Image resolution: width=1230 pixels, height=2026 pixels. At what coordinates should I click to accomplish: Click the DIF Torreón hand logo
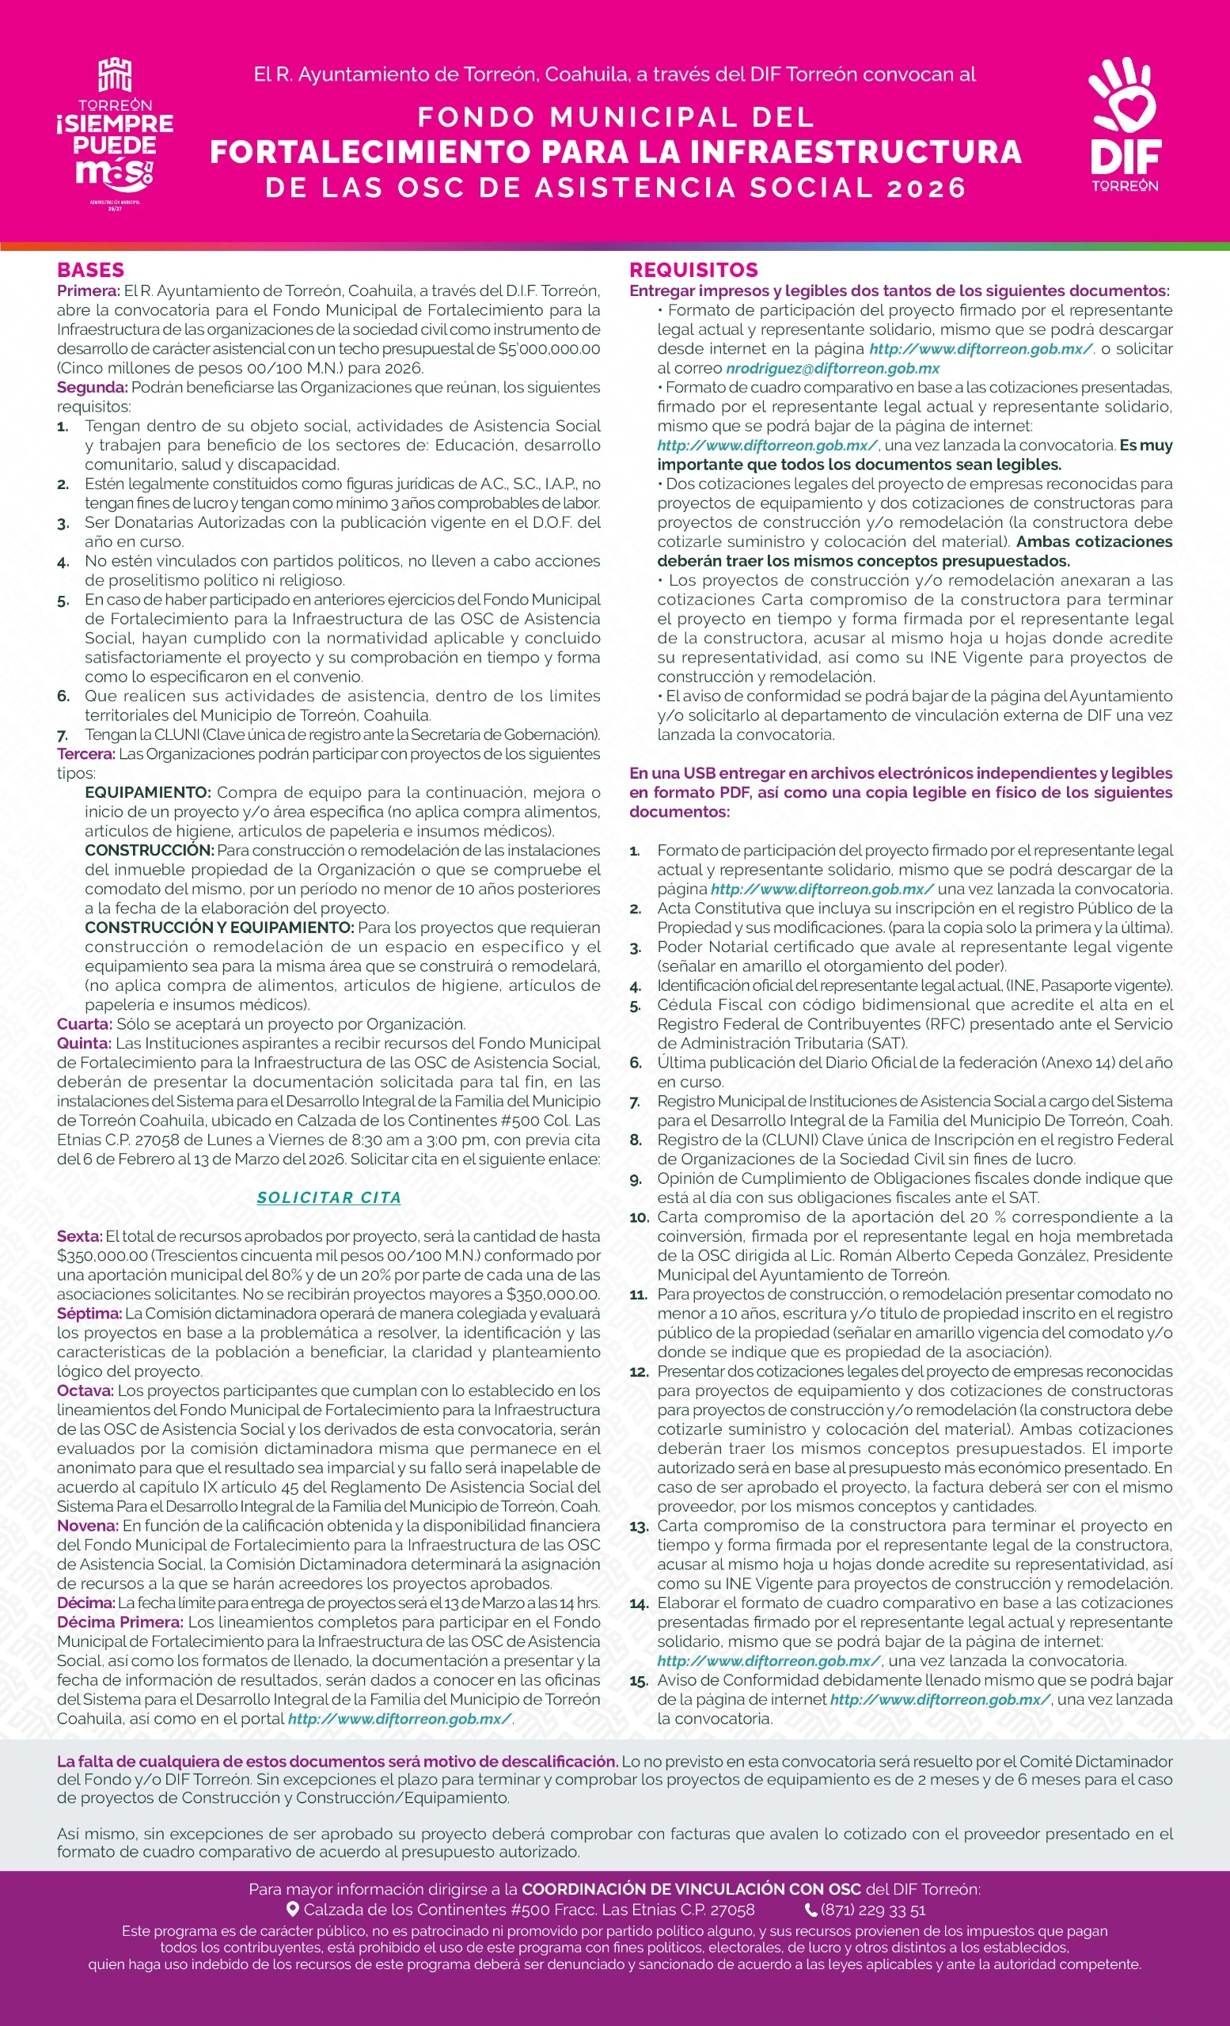coord(1124,123)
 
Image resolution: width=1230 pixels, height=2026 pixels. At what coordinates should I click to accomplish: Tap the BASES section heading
coord(90,270)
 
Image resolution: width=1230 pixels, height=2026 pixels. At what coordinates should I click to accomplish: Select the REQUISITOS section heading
coord(693,270)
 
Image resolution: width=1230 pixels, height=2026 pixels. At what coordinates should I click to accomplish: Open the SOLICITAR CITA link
coord(329,1198)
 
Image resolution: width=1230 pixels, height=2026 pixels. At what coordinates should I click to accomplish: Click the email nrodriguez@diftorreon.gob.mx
coord(832,368)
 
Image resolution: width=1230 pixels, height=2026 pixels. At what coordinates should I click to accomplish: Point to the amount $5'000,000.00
coord(549,349)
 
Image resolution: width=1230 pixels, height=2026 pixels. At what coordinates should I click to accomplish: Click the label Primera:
coord(88,291)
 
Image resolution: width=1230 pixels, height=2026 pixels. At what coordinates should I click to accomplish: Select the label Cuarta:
coord(84,1024)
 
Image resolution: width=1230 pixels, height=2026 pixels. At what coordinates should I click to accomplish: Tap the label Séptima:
coord(89,1313)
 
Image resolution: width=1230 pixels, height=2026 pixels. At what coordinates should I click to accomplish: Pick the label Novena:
coord(87,1525)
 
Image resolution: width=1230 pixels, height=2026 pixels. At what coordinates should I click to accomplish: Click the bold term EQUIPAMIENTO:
coord(148,793)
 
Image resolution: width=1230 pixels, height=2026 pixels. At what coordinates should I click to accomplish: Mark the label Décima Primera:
coord(120,1622)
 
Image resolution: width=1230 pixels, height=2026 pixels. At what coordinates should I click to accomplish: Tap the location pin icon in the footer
coord(292,1909)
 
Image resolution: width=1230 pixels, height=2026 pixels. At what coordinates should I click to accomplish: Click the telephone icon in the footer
coord(811,1909)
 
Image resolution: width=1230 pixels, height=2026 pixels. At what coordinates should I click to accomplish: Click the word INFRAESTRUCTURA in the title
coord(855,152)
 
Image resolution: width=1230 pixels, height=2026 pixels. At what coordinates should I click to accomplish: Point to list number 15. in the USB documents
coord(639,1681)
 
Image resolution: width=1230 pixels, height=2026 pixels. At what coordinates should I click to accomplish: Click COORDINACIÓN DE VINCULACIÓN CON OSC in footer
coord(691,1890)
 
